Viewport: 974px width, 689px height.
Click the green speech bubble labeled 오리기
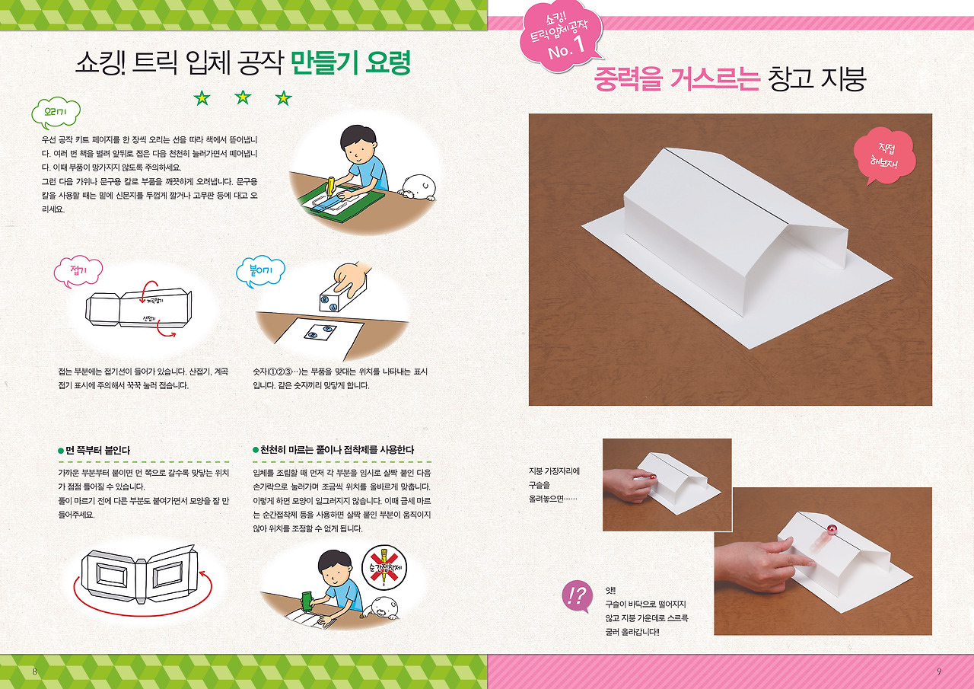click(56, 114)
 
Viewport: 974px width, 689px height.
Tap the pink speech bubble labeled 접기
click(78, 271)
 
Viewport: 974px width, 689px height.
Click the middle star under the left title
click(243, 97)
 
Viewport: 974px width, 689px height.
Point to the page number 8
click(34, 671)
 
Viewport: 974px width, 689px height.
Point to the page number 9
click(939, 671)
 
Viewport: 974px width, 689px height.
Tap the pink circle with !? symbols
click(577, 597)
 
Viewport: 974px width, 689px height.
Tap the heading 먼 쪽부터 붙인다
click(97, 450)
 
